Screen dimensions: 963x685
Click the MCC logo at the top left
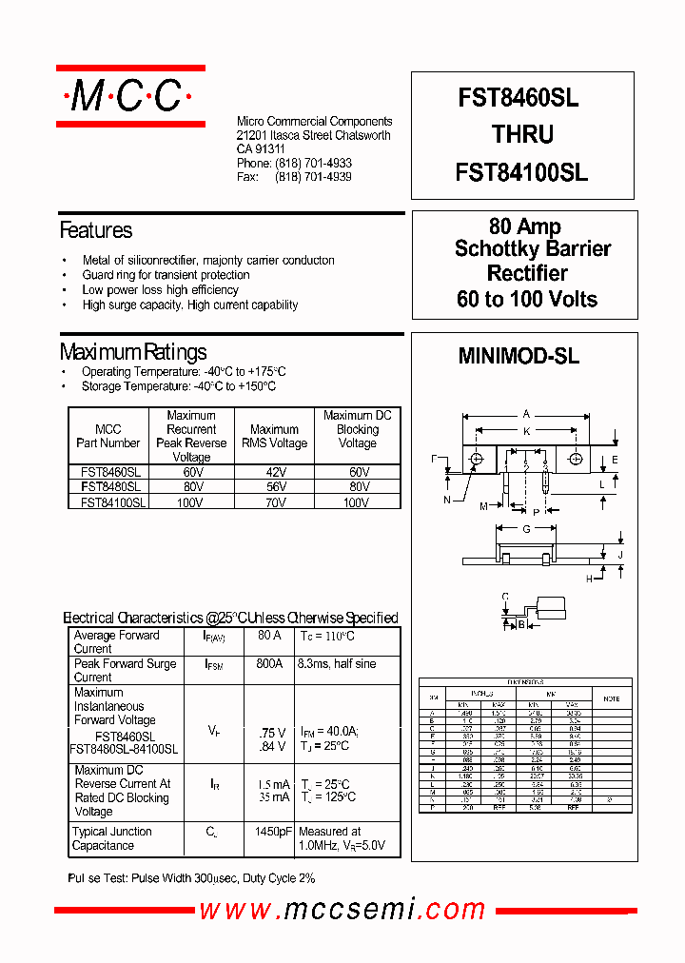(x=130, y=95)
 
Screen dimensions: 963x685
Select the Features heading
(x=96, y=230)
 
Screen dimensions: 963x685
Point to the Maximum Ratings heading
(x=133, y=352)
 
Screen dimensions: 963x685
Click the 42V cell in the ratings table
(x=275, y=472)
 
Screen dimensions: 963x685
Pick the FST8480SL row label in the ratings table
(x=109, y=486)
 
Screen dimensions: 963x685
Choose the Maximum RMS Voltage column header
(x=275, y=436)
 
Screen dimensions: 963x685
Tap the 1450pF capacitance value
(x=271, y=832)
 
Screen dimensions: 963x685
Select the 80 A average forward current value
(x=269, y=635)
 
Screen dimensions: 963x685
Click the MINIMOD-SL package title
(x=519, y=357)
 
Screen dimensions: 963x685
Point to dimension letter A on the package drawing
(x=526, y=415)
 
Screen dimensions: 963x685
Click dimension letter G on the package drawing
(x=526, y=529)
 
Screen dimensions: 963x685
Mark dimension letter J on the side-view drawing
(x=620, y=555)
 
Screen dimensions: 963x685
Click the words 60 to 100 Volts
(x=527, y=299)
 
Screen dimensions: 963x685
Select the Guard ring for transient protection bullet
(x=166, y=275)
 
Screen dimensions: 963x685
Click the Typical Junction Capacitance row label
(x=111, y=838)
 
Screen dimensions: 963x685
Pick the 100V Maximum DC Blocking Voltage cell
(x=357, y=501)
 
